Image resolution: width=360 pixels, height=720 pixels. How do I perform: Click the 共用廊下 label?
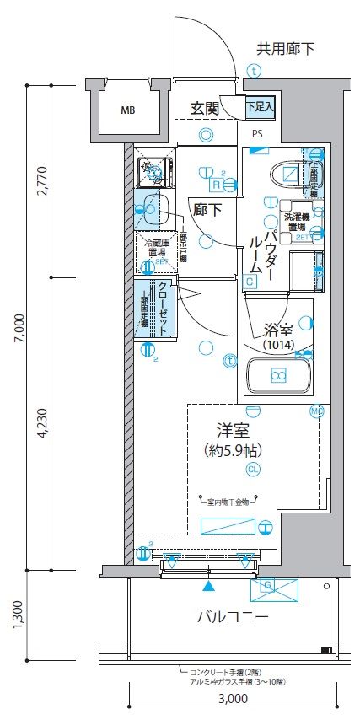pos(285,49)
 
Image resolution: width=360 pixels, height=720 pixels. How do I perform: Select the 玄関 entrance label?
pos(204,108)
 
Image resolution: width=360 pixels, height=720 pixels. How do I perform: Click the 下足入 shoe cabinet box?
pos(260,107)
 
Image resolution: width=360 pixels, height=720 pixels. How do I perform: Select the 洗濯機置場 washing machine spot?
pos(296,221)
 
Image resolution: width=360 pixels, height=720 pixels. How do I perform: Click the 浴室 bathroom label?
pos(277,330)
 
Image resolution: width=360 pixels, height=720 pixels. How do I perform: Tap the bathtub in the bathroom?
pos(277,375)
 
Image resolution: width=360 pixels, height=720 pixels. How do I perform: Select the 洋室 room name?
pos(229,427)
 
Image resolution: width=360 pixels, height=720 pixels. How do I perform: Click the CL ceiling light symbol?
pos(253,469)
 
